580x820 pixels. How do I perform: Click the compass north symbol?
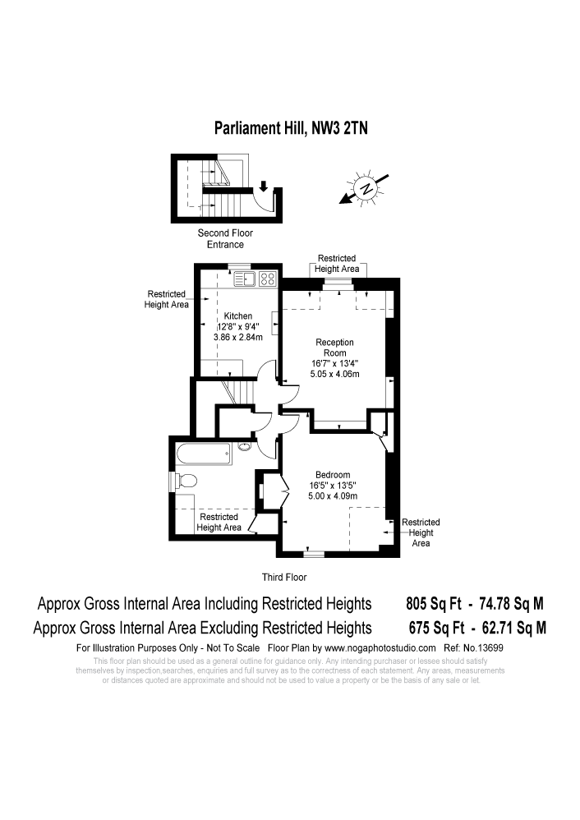pyautogui.click(x=366, y=188)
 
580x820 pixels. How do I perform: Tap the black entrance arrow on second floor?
pyautogui.click(x=264, y=185)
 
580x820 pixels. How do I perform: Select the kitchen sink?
pyautogui.click(x=246, y=279)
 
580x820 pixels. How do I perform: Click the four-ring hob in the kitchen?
pyautogui.click(x=268, y=279)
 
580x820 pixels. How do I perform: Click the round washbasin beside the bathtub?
pyautogui.click(x=246, y=447)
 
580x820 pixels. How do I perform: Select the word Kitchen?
pyautogui.click(x=238, y=316)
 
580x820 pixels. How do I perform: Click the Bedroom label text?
pyautogui.click(x=333, y=475)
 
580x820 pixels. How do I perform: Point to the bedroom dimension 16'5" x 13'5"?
pyautogui.click(x=333, y=485)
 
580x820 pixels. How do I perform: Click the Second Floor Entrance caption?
pyautogui.click(x=225, y=238)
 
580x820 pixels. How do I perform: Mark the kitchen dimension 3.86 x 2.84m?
pyautogui.click(x=237, y=337)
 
